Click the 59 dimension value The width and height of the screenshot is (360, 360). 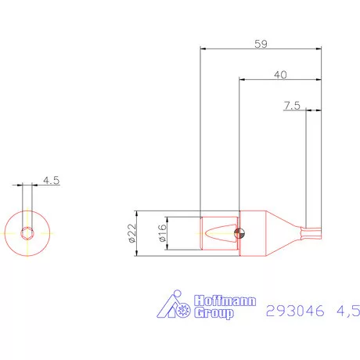[x=261, y=44]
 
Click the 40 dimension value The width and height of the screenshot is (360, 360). [x=279, y=74]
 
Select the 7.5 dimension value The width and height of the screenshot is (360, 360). [x=291, y=105]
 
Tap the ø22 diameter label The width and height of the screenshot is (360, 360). [x=131, y=232]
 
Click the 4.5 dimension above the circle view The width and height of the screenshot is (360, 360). [x=52, y=180]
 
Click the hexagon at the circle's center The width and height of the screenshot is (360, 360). [x=27, y=232]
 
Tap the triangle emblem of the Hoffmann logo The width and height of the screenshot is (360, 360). [x=167, y=306]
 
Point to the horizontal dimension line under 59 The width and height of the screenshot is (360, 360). [x=261, y=49]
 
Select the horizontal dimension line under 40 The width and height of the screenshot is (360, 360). [x=279, y=80]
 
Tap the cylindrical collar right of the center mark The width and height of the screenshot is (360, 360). [x=252, y=232]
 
